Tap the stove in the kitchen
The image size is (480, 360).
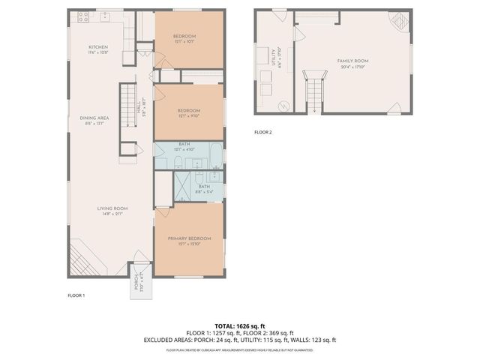[x=82, y=16]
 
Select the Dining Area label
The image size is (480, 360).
[x=98, y=120]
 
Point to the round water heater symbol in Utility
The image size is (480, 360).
[x=284, y=106]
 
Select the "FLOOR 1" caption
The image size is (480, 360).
[x=76, y=295]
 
